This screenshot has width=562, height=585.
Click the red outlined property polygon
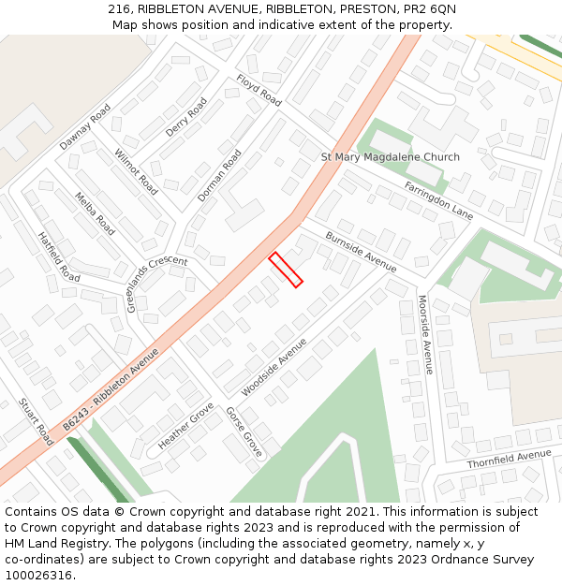[286, 270]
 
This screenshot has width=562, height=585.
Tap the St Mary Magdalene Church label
[391, 157]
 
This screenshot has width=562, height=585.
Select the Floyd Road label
[259, 90]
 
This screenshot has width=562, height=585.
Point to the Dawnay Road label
[85, 134]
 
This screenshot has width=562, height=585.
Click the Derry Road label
[185, 118]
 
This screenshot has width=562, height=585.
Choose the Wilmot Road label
[136, 171]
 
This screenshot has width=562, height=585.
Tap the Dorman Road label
[219, 176]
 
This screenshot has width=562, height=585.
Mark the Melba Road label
[96, 213]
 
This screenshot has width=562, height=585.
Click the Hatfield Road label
[59, 257]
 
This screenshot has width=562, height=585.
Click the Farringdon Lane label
[438, 200]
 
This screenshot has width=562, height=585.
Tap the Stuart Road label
[36, 422]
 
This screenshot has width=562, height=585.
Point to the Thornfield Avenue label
[510, 459]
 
